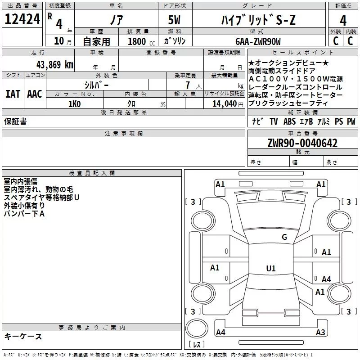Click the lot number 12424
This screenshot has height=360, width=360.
click(x=22, y=19)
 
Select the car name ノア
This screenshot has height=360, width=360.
click(x=115, y=20)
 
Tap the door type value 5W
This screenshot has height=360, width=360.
click(x=175, y=20)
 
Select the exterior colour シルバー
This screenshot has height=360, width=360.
click(x=96, y=85)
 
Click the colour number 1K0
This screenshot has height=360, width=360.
click(x=74, y=104)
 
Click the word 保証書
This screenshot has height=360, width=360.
click(x=15, y=121)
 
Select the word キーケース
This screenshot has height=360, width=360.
click(x=23, y=337)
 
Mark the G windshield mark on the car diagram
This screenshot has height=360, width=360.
click(x=284, y=237)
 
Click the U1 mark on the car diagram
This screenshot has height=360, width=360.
click(x=271, y=268)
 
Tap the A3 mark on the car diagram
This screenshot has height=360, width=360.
click(x=320, y=333)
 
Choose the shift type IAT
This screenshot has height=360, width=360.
click(x=13, y=94)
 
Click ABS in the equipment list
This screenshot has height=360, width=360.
click(x=290, y=121)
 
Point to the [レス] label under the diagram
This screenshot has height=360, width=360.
click(x=197, y=345)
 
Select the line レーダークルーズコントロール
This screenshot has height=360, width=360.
click(x=295, y=87)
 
